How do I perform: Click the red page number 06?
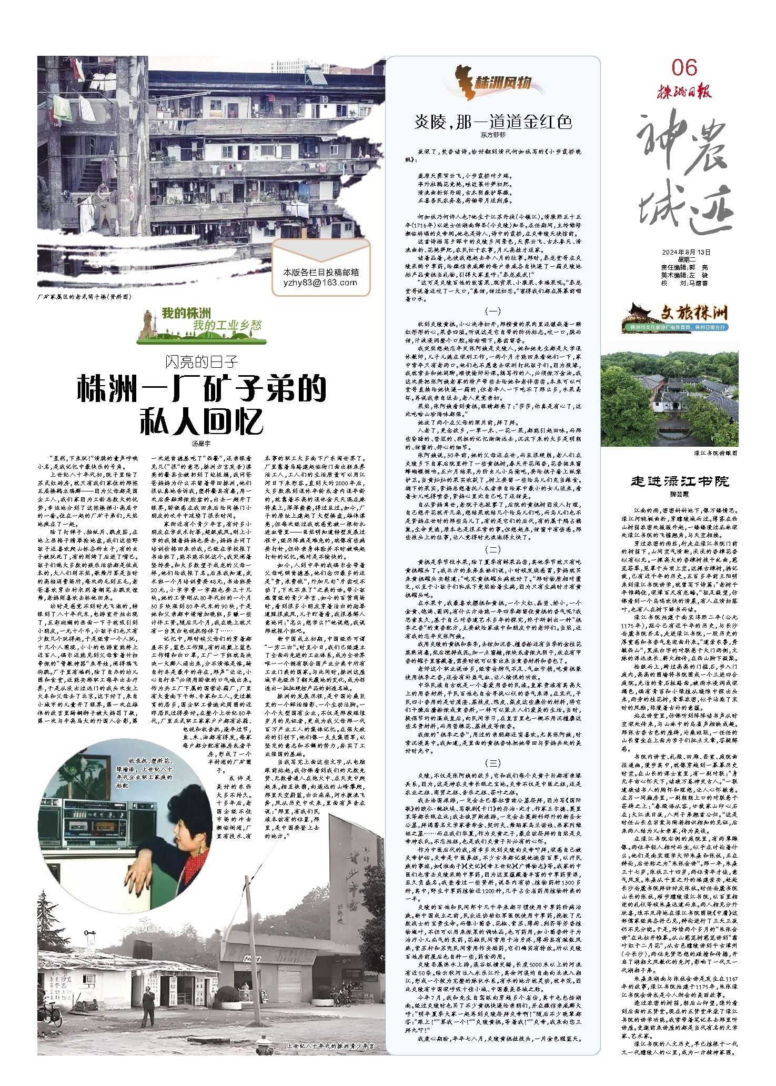point(684,68)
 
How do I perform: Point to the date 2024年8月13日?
point(686,252)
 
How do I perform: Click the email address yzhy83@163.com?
point(320,283)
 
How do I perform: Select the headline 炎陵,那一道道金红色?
point(493,122)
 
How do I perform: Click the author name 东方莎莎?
point(492,135)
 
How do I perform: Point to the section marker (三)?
point(492,763)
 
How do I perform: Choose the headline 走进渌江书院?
point(679,481)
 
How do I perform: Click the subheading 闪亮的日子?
point(201,362)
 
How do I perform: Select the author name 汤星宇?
point(201,444)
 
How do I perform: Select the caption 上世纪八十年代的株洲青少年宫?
point(330,1046)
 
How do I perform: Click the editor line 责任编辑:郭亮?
point(684,267)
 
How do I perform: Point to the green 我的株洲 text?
point(186,314)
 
